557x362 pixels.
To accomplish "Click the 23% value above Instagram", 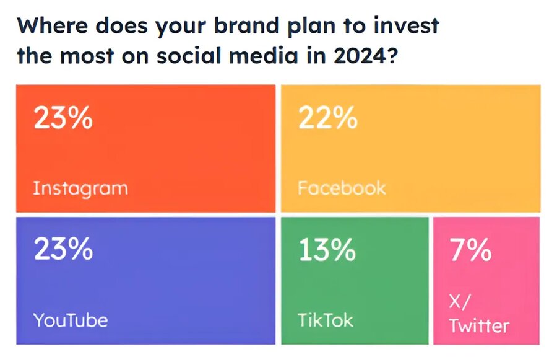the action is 63,118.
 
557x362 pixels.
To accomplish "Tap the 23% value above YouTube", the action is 63,249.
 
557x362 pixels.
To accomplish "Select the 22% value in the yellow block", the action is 328,118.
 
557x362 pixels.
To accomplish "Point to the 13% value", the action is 327,250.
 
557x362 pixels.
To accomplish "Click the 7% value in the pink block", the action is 471,250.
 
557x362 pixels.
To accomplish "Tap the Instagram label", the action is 80,188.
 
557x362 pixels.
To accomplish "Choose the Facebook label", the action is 342,188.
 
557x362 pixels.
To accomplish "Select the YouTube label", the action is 71,320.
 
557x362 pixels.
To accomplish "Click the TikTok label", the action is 326,320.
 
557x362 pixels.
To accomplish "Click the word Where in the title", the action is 52,26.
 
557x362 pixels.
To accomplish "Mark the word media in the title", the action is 263,56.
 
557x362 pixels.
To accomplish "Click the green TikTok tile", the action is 355,280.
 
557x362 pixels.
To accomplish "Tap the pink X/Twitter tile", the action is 486,280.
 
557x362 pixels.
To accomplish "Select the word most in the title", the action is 87,56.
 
